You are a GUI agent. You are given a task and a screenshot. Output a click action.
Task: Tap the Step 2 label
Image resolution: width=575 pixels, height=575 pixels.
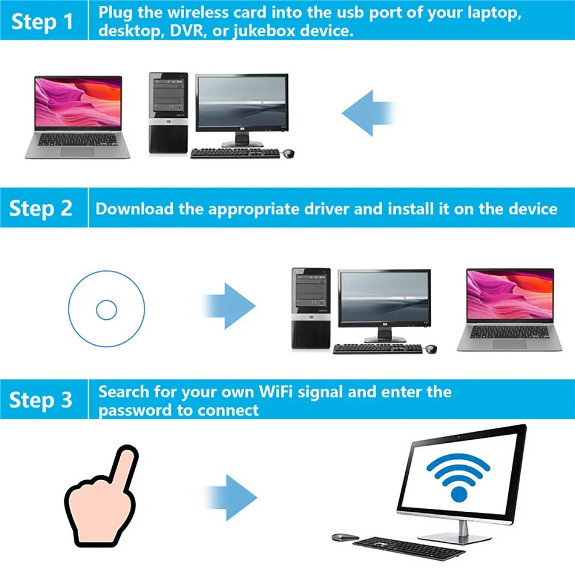pyautogui.click(x=41, y=208)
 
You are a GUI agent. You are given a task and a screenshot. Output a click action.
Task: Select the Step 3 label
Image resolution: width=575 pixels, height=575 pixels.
pyautogui.click(x=41, y=400)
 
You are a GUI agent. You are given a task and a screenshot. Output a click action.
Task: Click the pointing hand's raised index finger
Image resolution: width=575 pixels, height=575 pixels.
pyautogui.click(x=123, y=461)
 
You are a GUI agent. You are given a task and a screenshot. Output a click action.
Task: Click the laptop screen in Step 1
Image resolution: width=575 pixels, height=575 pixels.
pyautogui.click(x=78, y=102)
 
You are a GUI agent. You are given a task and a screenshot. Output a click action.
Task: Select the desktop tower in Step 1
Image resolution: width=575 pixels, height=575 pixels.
pyautogui.click(x=168, y=113)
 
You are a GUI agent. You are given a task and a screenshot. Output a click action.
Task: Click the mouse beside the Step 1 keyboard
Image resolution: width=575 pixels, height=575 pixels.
pyautogui.click(x=288, y=154)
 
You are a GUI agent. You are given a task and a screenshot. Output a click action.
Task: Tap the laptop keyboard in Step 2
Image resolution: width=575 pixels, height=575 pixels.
pyautogui.click(x=509, y=332)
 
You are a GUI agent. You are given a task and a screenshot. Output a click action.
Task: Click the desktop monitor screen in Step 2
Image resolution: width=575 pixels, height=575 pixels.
pyautogui.click(x=384, y=297)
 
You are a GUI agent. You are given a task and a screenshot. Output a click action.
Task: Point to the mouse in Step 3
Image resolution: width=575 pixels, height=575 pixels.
pyautogui.click(x=344, y=537)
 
